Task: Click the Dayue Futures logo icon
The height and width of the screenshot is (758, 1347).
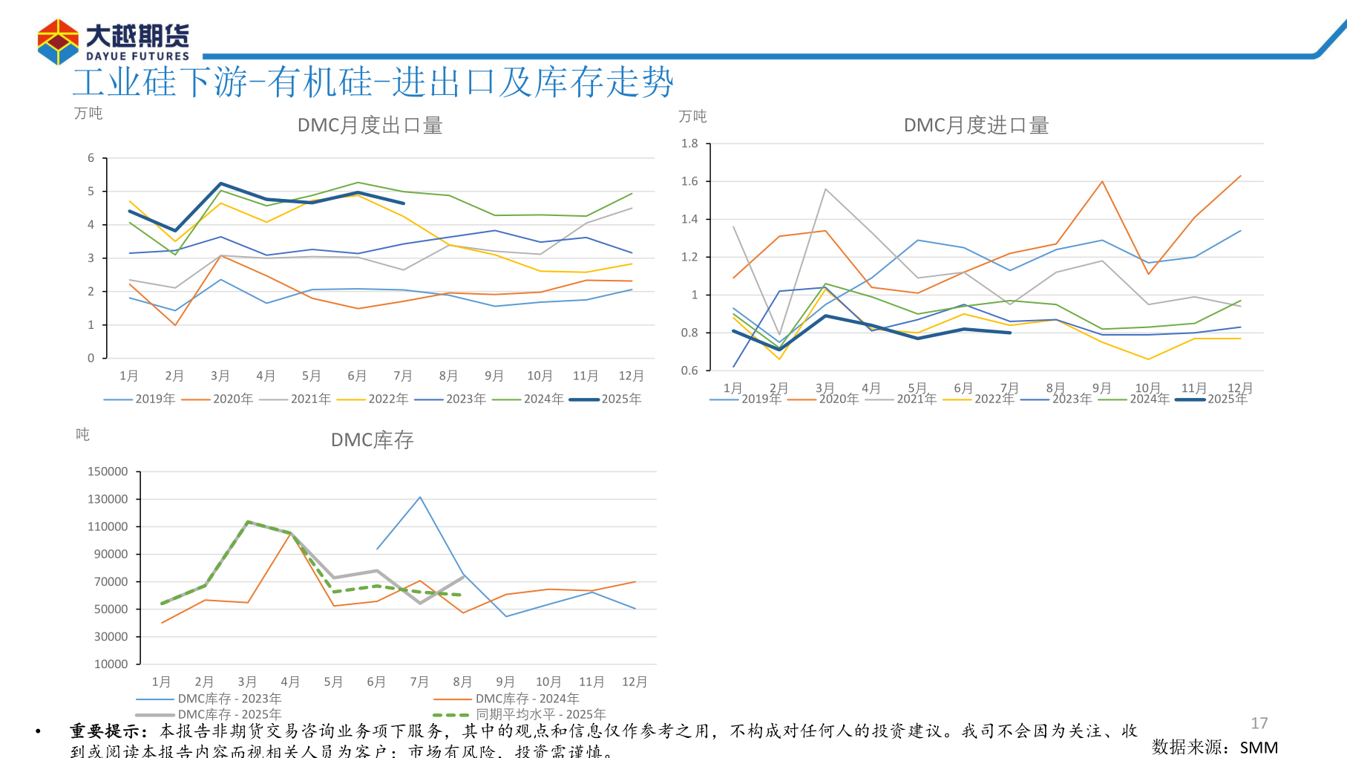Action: click(58, 42)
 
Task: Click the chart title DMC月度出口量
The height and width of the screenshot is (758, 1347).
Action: click(370, 125)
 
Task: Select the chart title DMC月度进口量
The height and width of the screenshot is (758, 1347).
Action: click(975, 125)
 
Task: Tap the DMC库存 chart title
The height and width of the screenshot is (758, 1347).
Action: click(372, 440)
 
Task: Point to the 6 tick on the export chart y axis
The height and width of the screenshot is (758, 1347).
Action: click(91, 158)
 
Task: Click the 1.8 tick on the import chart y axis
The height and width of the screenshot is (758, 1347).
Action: click(689, 143)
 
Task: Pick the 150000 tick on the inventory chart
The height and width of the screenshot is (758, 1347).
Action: click(108, 471)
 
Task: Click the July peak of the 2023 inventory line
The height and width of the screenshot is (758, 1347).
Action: click(420, 497)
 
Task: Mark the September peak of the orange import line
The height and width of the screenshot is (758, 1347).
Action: click(1102, 181)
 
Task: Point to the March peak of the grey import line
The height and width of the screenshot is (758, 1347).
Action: click(825, 189)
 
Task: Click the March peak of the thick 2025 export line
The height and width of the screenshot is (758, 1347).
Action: click(220, 183)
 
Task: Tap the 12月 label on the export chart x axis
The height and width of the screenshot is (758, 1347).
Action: click(631, 376)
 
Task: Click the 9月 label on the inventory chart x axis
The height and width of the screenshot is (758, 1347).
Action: click(505, 682)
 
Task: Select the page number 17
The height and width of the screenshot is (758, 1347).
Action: click(1259, 723)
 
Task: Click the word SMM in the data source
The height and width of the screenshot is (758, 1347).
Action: click(1259, 748)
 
